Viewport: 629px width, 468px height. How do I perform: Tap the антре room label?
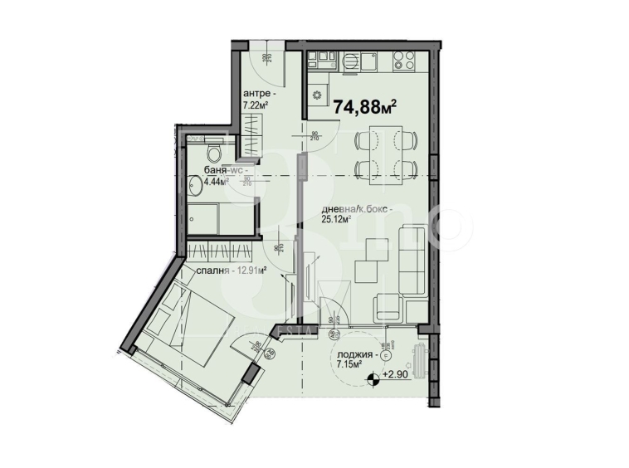pos(254,93)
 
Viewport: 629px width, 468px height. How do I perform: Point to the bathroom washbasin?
pos(195,185)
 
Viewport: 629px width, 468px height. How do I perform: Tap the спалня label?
pos(212,270)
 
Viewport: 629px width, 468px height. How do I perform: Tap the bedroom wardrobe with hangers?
pos(217,251)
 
